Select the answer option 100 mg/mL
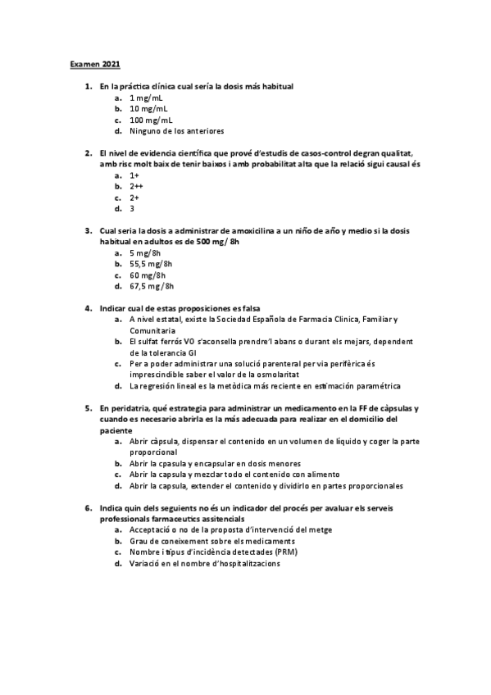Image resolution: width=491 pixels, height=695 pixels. pos(151,120)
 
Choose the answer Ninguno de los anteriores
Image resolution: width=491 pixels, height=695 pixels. pos(176,131)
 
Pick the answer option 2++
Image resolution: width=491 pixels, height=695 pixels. pos(136,187)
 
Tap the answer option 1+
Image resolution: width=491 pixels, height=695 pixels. pos(134,175)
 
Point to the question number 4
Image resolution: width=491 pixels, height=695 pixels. pos(88,309)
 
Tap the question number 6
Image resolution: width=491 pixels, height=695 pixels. pos(88,508)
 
